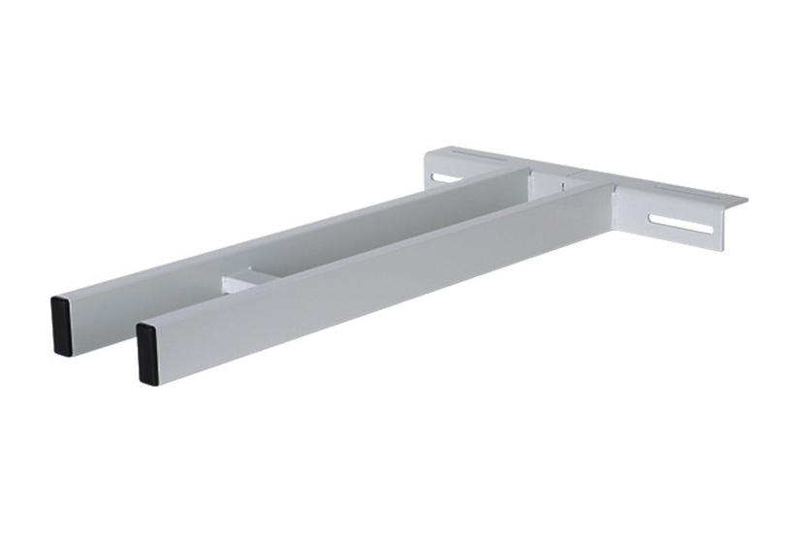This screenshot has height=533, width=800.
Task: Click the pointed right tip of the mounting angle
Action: click(x=748, y=202)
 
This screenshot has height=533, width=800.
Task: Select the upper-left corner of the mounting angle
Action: click(x=428, y=150)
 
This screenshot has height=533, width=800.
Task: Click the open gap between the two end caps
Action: click(x=107, y=334)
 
